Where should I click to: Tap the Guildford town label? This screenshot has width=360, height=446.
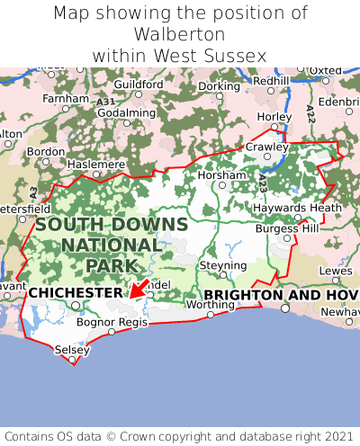pos(139,85)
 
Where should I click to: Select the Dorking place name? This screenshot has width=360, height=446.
pos(219,86)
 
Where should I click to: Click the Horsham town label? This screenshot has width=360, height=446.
pos(220,174)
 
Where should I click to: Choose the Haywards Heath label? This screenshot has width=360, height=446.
pos(300,208)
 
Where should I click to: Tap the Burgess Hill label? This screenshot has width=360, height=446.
pos(287,228)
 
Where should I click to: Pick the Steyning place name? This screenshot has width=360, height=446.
pos(222,266)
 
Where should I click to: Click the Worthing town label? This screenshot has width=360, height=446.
pos(209,305)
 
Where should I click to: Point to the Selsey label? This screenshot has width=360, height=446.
pos(71,349)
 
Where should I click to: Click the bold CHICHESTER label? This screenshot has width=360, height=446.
pos(75,293)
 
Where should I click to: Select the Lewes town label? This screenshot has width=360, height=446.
pos(336,270)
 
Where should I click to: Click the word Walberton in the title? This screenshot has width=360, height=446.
pos(180,34)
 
